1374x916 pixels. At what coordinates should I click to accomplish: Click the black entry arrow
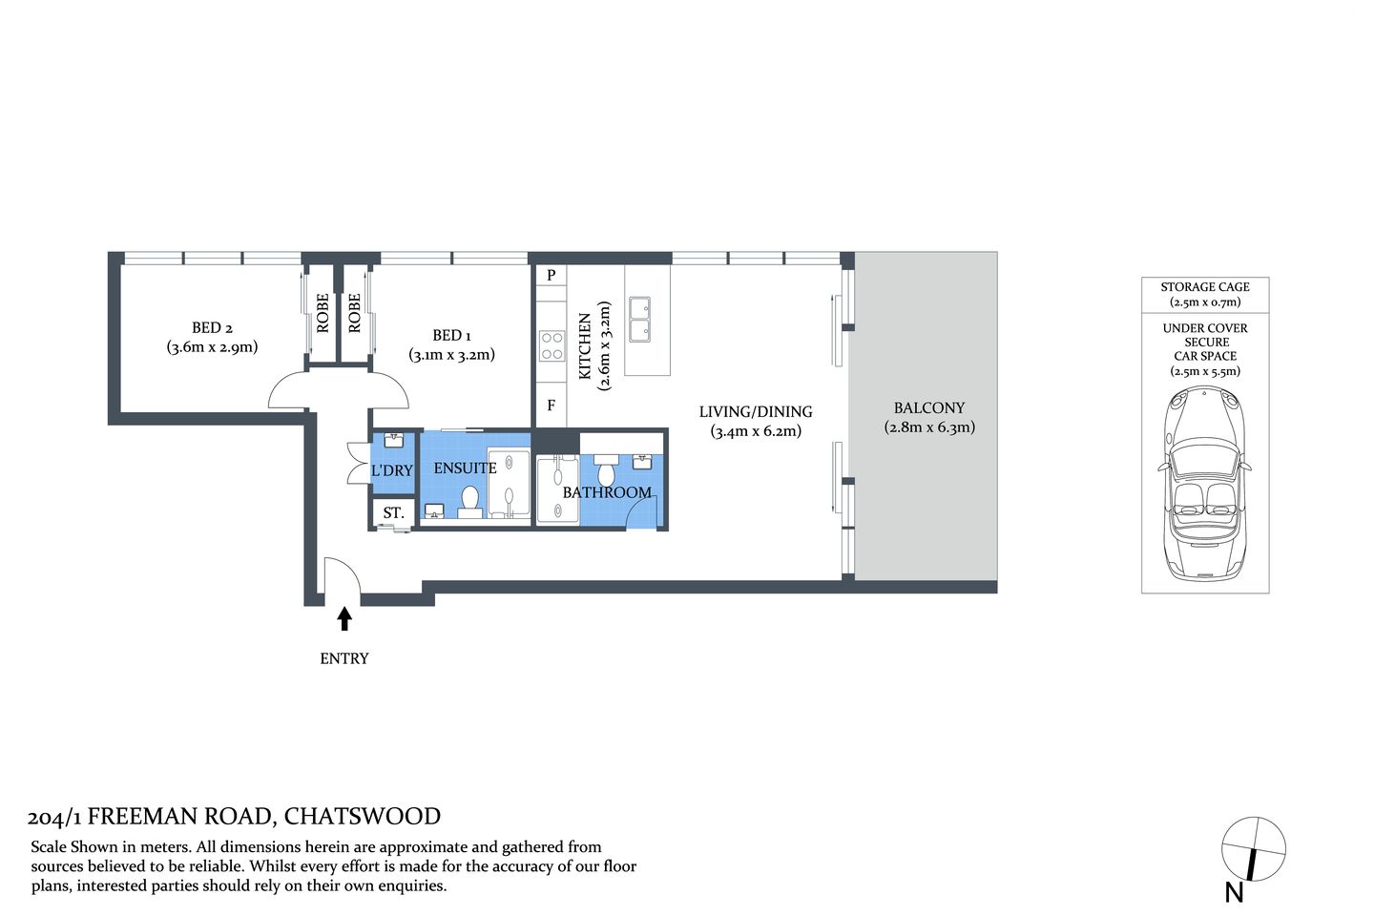344,619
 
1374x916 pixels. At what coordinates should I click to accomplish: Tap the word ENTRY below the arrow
344,658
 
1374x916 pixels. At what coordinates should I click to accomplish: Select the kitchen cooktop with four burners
552,345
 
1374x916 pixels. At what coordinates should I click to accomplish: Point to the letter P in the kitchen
551,276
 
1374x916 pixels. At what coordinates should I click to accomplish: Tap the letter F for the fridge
551,406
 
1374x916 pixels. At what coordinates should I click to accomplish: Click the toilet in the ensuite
469,499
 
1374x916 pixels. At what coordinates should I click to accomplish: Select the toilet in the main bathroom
606,473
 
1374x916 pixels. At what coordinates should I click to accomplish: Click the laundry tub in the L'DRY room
394,441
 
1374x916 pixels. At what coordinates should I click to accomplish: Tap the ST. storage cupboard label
393,513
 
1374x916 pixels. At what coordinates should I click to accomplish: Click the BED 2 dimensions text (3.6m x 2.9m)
212,347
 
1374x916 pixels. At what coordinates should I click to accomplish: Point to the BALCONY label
929,407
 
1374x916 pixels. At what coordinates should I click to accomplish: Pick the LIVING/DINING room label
756,412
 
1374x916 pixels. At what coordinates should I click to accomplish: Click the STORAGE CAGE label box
1205,294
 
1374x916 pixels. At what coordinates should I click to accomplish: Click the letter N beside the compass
1234,892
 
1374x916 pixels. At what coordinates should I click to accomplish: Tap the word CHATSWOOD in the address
363,817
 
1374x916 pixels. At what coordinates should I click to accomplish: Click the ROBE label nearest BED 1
355,313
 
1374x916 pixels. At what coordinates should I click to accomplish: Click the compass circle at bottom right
1254,849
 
